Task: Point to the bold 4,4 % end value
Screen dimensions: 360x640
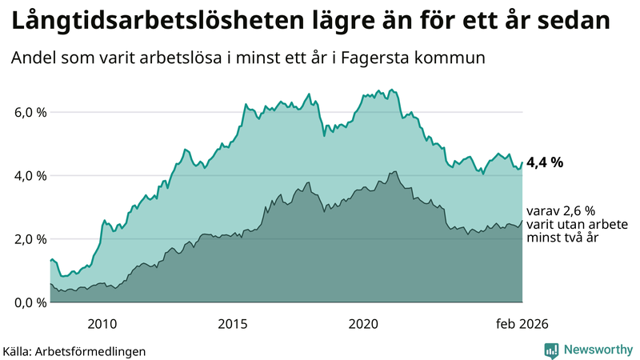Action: coord(546,162)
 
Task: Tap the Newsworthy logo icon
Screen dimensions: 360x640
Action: coord(551,350)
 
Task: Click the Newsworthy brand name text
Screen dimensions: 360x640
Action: coord(596,350)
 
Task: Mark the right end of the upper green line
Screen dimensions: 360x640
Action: coord(522,162)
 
